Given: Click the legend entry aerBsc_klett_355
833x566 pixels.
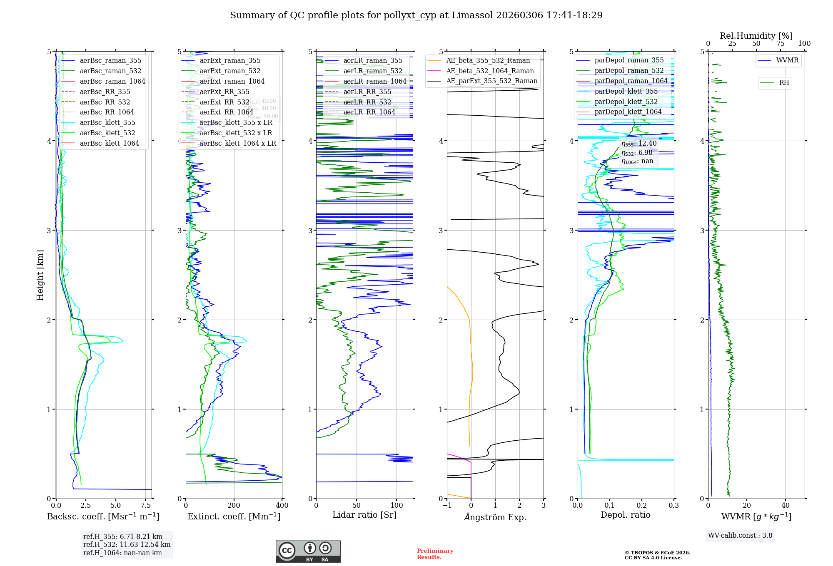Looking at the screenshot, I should coord(107,122).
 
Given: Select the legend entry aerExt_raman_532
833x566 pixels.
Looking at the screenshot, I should coord(230,71).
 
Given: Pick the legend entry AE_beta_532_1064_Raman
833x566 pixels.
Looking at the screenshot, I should coord(490,71).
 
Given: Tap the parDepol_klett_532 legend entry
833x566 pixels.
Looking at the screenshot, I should coord(626,102).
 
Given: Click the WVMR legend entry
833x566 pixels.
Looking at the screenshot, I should coord(787,60).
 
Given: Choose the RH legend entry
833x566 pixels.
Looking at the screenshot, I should coord(784,83).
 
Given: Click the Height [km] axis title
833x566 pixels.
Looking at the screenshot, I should coord(40,275).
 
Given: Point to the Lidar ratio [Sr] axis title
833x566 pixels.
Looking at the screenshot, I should coord(364,515).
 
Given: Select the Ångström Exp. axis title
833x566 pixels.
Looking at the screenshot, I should coord(495,517).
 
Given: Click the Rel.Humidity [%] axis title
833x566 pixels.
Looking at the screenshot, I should coord(756,36).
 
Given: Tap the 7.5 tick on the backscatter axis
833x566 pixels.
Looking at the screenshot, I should coord(146,505).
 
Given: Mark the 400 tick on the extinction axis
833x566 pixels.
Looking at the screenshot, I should coord(282,505).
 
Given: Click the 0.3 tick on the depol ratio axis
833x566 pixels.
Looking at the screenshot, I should coord(673,505).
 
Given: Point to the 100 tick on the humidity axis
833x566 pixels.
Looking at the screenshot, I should coord(804,43).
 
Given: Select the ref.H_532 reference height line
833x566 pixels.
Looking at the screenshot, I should coord(127,544).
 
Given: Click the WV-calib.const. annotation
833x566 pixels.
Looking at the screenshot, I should coord(740,536).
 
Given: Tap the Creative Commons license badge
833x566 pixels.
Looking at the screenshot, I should coord(308,551).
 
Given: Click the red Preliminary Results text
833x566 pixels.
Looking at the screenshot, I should coord(435,554).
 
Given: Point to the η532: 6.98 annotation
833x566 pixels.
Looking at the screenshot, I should coord(637,153).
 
